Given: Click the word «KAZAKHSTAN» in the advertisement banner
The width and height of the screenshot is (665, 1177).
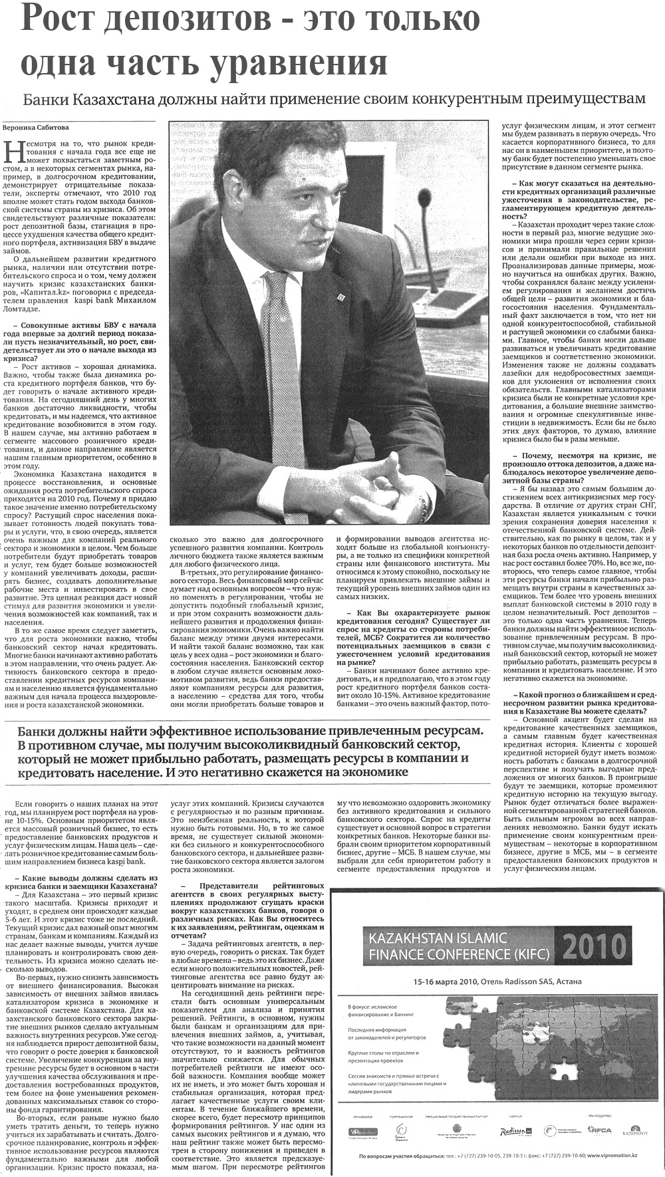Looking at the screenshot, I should [x=406, y=939].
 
